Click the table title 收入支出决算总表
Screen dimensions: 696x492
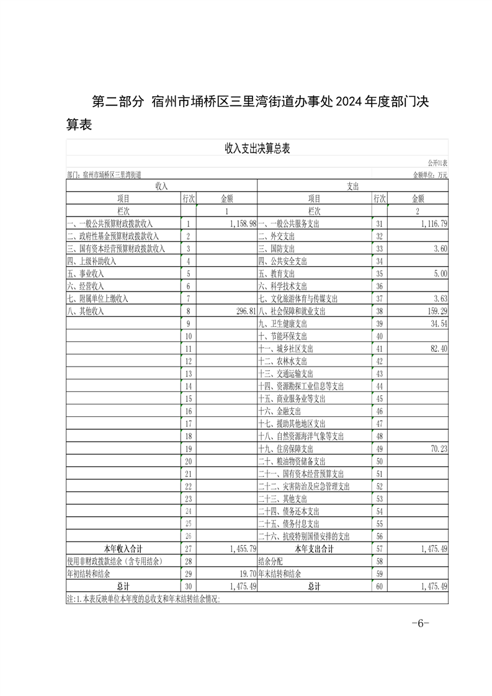[x=257, y=148]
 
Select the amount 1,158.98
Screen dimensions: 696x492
[x=238, y=224]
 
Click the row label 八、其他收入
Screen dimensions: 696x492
[x=86, y=311]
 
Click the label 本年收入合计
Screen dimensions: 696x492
[x=123, y=548]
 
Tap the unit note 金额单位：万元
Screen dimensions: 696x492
[x=429, y=175]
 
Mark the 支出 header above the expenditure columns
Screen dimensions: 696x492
[x=352, y=185]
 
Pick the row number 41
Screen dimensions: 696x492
[x=379, y=349]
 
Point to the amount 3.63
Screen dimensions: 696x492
[x=439, y=299]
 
